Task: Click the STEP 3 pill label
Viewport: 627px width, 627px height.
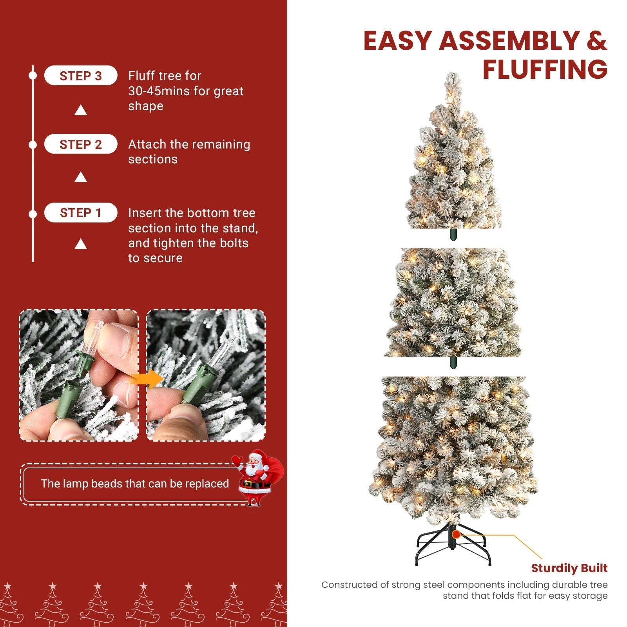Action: (x=80, y=76)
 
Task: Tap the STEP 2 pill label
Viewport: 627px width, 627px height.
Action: (x=80, y=144)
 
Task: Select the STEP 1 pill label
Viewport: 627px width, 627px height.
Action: (x=80, y=213)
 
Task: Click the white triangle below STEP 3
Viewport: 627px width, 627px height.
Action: (x=81, y=110)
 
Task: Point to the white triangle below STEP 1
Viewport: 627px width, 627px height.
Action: (x=81, y=244)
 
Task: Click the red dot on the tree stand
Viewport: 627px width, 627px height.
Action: (x=456, y=534)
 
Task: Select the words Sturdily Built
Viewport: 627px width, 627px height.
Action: (x=569, y=568)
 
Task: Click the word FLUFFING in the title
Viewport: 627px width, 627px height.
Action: (x=545, y=69)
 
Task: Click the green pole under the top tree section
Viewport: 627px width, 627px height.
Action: (x=453, y=234)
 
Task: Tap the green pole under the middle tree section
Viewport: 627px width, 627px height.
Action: (x=453, y=362)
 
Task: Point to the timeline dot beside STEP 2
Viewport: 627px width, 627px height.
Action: (x=33, y=145)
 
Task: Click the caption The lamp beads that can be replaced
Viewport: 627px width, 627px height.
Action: (x=135, y=484)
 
